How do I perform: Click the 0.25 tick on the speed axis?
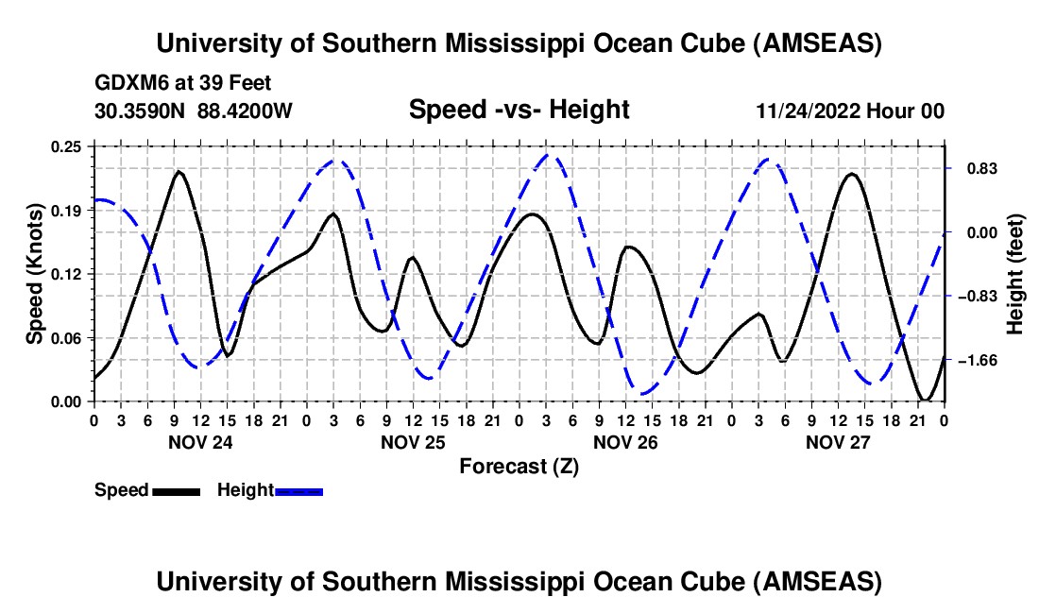(68, 146)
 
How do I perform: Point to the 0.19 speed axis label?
(68, 210)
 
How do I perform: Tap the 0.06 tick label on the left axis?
(68, 337)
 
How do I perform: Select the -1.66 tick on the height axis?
(974, 361)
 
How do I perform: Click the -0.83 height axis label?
(974, 297)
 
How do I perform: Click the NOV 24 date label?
(199, 442)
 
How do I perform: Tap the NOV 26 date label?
(624, 442)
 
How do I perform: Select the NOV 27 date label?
(837, 442)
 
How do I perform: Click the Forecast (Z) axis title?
(519, 466)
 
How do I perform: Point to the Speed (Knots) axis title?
(35, 274)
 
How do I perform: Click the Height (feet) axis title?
(1015, 274)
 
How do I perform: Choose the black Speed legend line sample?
(175, 491)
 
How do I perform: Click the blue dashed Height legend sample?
(298, 491)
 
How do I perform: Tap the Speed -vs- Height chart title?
(519, 110)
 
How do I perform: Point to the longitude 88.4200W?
(246, 111)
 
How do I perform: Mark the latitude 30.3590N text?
(140, 111)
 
